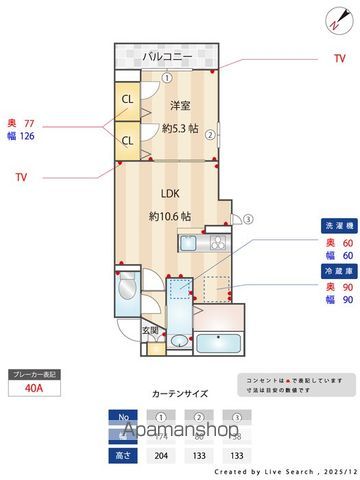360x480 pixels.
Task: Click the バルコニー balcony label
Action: pos(166,56)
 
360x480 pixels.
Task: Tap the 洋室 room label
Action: pos(180,104)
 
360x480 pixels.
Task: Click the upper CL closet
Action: pos(128,99)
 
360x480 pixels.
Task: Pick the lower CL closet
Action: pos(128,140)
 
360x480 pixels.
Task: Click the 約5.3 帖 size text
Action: pos(180,128)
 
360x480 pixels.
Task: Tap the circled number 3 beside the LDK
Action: pos(249,220)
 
